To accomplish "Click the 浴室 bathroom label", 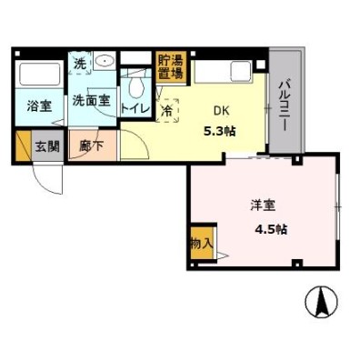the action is coord(39,106).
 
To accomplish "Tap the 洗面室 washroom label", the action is coord(91,100).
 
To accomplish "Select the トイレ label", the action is coord(135,108).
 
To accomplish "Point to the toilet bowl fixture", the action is coord(136,85).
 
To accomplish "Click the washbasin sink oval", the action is coord(105,61).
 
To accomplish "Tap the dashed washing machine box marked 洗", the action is coord(80,64).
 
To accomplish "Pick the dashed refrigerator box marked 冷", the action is coord(167,111).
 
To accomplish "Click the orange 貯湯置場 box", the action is coord(171,67).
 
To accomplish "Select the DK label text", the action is coord(222,111).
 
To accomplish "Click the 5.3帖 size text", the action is coord(220,132).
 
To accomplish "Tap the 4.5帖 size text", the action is coord(271,229).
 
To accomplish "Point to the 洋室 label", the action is coord(263,206).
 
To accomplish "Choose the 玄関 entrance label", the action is coord(47,146).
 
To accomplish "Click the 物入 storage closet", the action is coord(202,243).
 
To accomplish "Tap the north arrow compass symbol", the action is coord(321,301).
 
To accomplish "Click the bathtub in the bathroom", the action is coord(39,75).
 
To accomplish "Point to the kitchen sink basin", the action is coord(241,72).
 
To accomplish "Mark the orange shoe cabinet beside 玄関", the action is coord(23,146).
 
